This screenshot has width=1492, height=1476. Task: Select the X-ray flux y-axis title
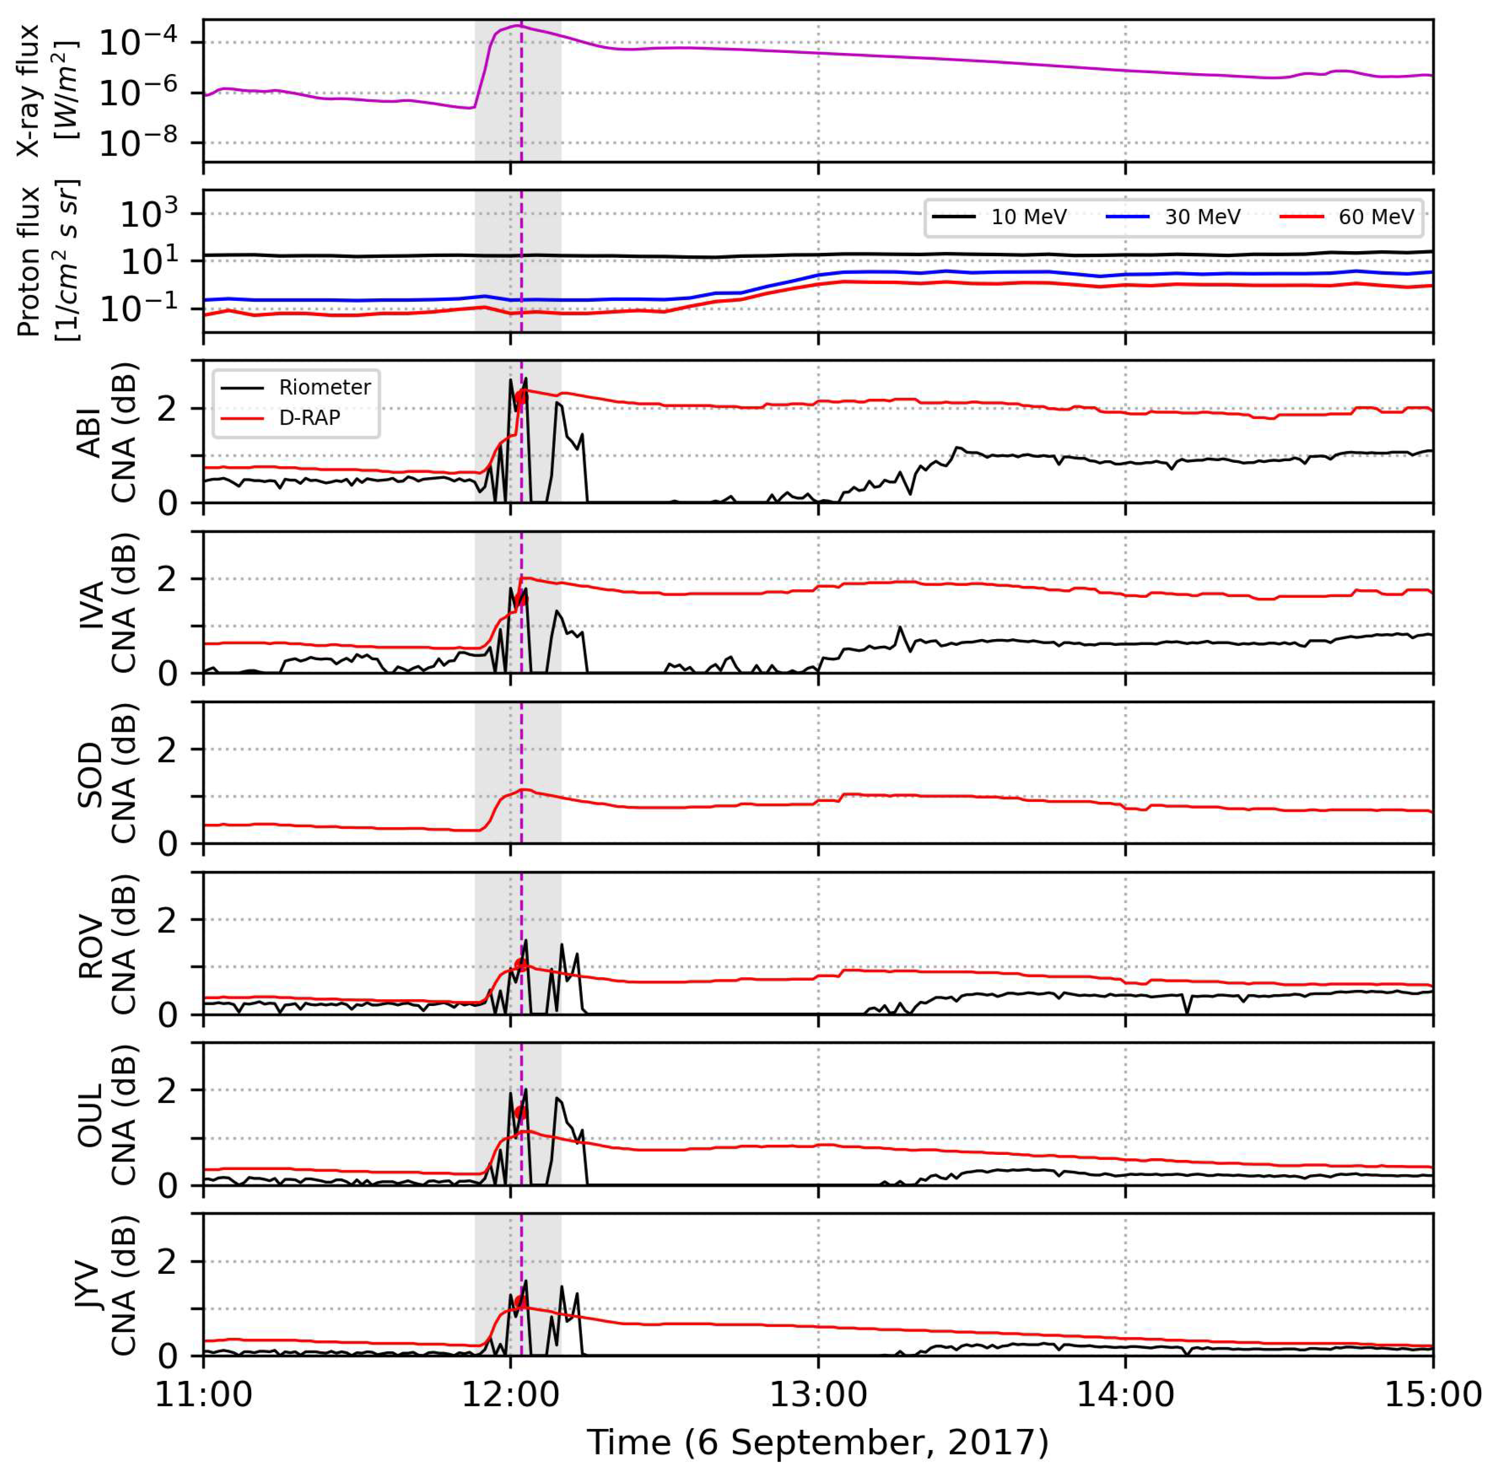click(46, 90)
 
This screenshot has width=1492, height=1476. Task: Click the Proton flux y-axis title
click(46, 261)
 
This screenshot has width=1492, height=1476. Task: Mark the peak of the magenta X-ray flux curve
click(518, 26)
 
